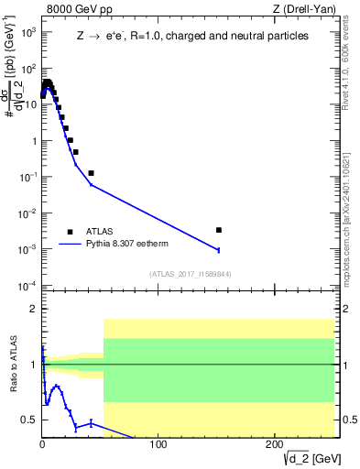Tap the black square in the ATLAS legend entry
pyautogui.click(x=70, y=232)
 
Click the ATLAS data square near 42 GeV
pyautogui.click(x=91, y=172)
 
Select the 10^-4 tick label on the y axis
pyautogui.click(x=27, y=285)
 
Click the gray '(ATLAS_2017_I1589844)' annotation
pyautogui.click(x=191, y=273)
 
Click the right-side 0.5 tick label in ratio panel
pyautogui.click(x=348, y=420)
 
